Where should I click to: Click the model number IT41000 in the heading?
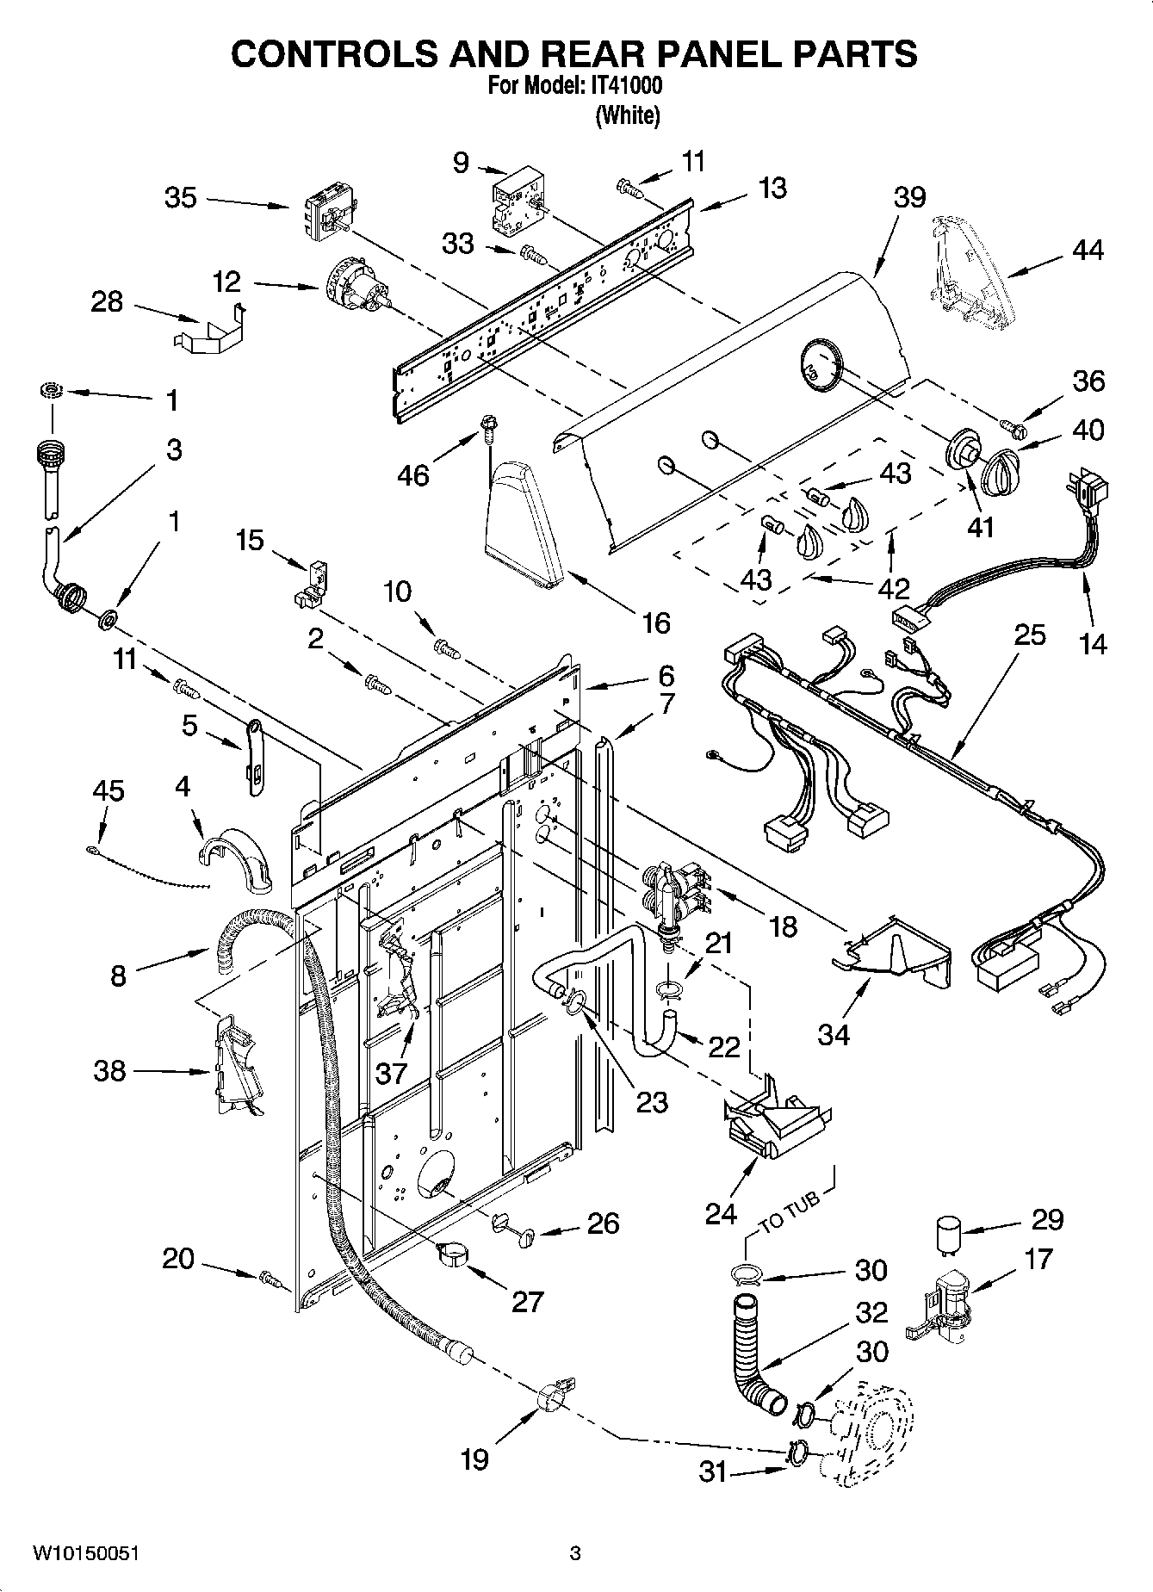click(627, 87)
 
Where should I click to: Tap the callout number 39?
click(909, 197)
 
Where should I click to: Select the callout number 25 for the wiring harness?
click(1029, 635)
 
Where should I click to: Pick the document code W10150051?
click(86, 1554)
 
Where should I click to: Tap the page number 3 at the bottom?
click(575, 1554)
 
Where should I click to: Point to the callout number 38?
click(109, 1071)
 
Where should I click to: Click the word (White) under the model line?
click(628, 115)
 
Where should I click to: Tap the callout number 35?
click(181, 198)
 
